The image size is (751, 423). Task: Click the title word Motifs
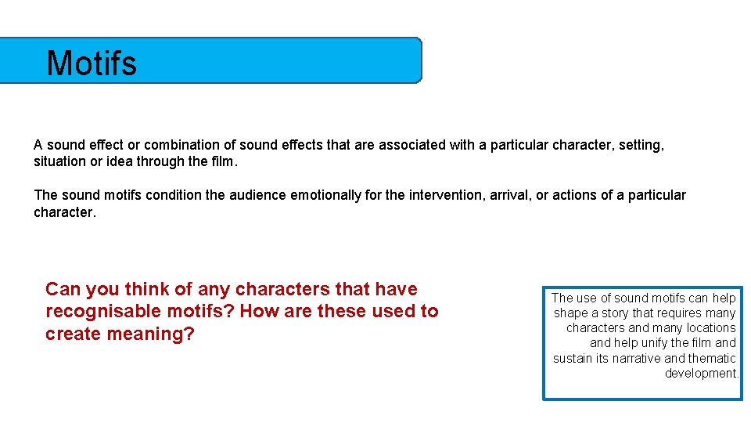pyautogui.click(x=92, y=63)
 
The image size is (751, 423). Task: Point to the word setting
pyautogui.click(x=641, y=145)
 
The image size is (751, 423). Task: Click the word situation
pyautogui.click(x=59, y=161)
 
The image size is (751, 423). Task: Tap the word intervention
pyautogui.click(x=448, y=195)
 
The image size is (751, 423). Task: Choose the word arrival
pyautogui.click(x=510, y=195)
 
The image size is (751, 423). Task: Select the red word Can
pyautogui.click(x=63, y=289)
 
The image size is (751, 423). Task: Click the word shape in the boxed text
pyautogui.click(x=570, y=313)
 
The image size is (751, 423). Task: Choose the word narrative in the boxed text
pyautogui.click(x=631, y=359)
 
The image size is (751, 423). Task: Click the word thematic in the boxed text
pyautogui.click(x=713, y=359)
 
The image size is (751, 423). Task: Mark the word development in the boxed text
pyautogui.click(x=701, y=374)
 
